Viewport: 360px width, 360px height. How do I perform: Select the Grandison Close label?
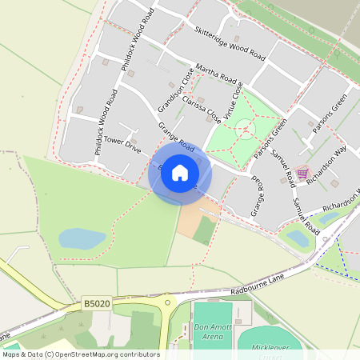point(175,92)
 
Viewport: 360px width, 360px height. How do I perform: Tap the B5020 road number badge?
point(94,304)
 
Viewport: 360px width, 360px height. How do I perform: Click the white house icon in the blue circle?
point(180,173)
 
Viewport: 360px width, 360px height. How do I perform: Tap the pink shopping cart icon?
point(302,172)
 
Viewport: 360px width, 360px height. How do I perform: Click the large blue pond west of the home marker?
point(82,238)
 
